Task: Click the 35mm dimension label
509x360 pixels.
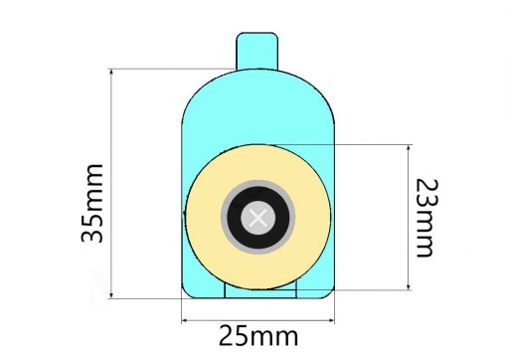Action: [x=92, y=203]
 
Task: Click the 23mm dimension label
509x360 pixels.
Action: [x=427, y=218]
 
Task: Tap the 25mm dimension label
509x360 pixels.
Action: [x=258, y=336]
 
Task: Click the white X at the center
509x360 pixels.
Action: [x=258, y=218]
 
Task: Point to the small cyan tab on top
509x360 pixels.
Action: [x=257, y=52]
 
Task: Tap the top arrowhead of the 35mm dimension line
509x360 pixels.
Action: [x=111, y=73]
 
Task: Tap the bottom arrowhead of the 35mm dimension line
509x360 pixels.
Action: [x=111, y=294]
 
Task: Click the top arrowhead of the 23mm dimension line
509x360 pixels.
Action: [x=409, y=149]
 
